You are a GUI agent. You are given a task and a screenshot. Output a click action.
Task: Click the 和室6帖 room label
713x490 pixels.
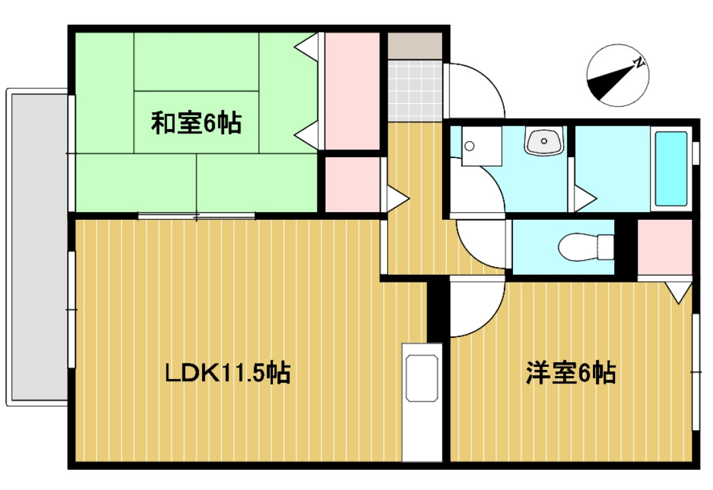[196, 122]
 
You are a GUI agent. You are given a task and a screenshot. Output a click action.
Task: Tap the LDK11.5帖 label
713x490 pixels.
[227, 372]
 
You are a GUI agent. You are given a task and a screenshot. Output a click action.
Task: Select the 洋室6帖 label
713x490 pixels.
[570, 372]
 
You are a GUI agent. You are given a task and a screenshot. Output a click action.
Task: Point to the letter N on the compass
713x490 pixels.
[639, 63]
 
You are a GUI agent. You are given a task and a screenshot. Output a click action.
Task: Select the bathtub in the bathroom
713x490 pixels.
[671, 168]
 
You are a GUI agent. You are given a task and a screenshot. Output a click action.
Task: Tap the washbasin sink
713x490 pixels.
[545, 141]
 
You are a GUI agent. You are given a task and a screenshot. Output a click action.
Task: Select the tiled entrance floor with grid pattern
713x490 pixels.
[415, 90]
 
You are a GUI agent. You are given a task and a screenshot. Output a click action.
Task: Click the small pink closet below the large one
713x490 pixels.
[352, 184]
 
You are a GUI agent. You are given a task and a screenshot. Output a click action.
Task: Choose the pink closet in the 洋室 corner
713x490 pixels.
[664, 248]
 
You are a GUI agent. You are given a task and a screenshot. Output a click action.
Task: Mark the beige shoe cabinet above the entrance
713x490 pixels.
[415, 44]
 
